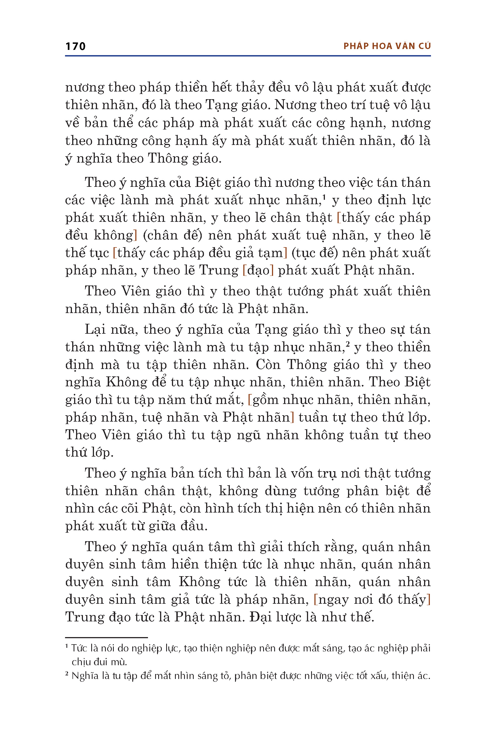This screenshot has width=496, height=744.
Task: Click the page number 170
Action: coord(75,47)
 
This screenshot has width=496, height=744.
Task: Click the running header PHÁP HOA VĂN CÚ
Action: coord(387,46)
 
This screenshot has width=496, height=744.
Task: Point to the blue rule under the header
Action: coord(248,56)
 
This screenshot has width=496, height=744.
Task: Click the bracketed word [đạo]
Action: coord(258,271)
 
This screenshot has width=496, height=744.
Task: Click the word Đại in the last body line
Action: coord(260,617)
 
